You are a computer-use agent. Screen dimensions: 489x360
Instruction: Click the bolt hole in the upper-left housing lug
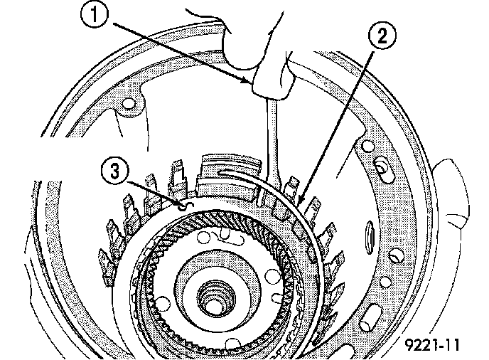pos(129,109)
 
